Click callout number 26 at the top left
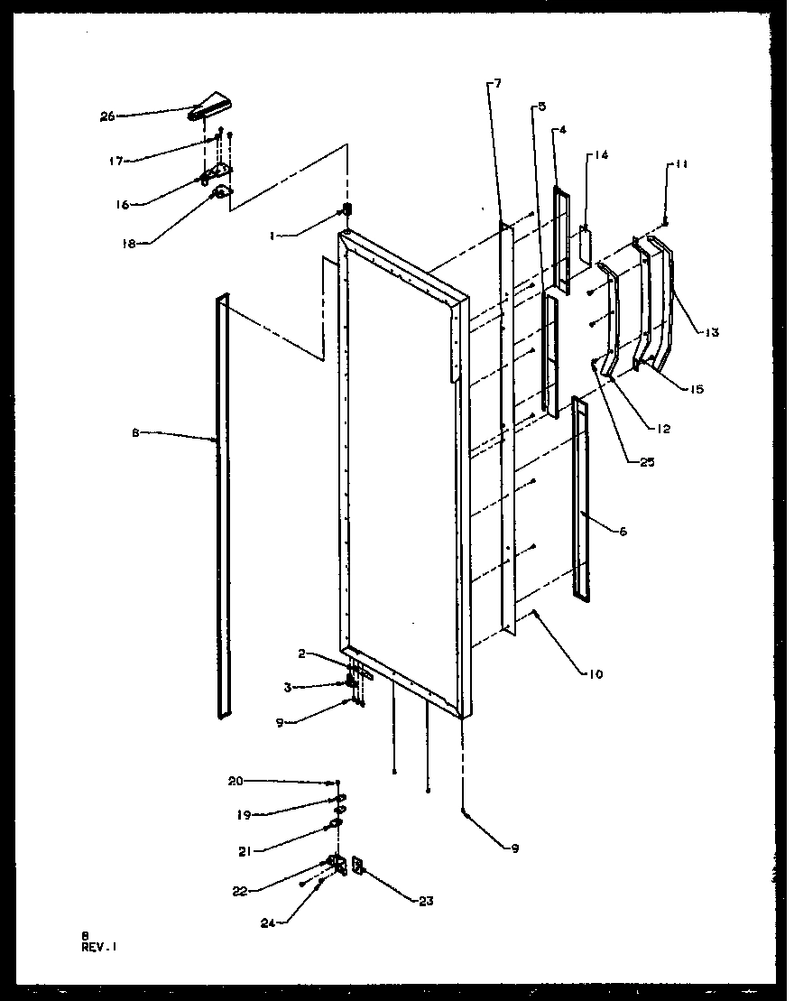106,116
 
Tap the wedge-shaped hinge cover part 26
210,105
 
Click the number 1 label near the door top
272,236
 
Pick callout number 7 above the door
497,84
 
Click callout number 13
712,333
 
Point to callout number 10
596,673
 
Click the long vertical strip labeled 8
221,505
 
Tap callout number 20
235,782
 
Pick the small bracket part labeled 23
356,867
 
